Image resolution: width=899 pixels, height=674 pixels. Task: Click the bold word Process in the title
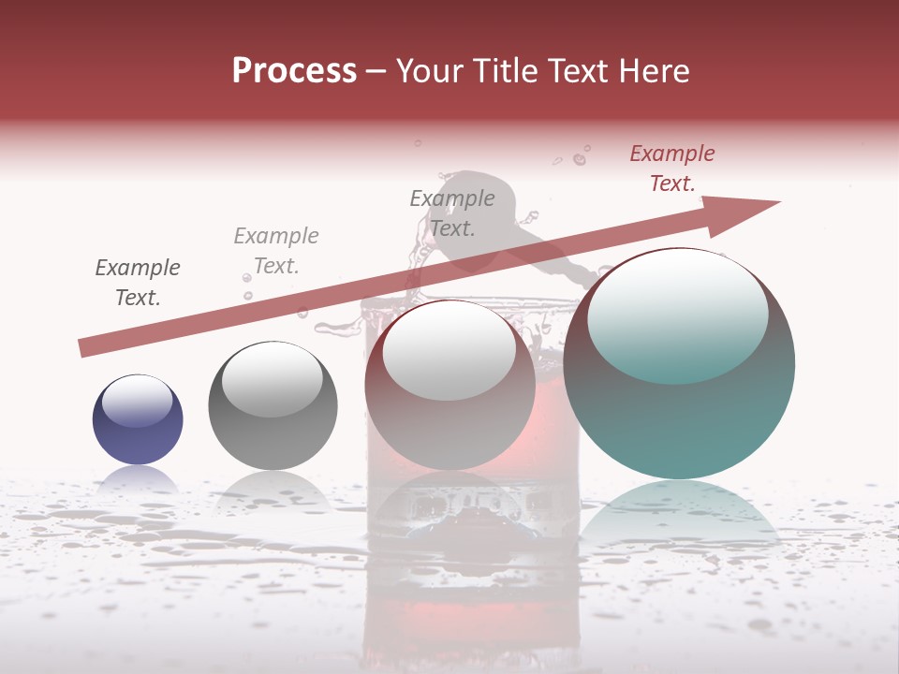294,71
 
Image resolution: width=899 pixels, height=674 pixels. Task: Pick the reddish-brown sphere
449,412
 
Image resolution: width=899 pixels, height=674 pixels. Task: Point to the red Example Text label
672,168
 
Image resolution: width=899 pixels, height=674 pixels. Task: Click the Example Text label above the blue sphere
138,283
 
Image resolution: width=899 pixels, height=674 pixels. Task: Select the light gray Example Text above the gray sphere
276,251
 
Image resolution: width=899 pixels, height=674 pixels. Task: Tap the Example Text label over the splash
452,212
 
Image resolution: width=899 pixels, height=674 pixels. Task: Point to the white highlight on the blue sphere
137,401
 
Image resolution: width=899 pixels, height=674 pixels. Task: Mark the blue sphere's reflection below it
138,482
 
